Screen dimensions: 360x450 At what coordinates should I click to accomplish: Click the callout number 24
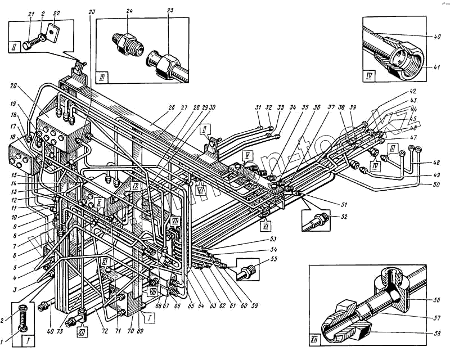click(x=129, y=11)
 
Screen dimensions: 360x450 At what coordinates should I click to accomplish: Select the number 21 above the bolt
click(x=31, y=13)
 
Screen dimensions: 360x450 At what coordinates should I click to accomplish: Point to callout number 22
click(x=56, y=13)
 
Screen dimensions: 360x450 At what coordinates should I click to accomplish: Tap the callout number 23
click(x=92, y=11)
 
